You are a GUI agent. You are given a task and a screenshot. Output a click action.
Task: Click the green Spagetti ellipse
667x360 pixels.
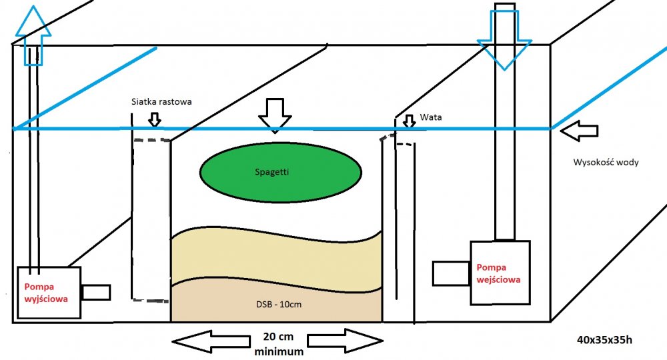tap(281, 172)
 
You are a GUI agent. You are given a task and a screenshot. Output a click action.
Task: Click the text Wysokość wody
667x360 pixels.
tap(606, 162)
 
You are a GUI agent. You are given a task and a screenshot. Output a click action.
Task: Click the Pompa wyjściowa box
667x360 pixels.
tap(47, 293)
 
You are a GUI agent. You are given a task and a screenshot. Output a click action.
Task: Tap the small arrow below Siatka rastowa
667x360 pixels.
tap(155, 119)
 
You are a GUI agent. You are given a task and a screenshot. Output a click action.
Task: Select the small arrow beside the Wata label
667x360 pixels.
tap(408, 122)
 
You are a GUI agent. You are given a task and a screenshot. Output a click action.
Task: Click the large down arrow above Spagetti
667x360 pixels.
tap(275, 115)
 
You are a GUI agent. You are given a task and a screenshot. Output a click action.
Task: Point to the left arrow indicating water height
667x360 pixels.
tap(578, 131)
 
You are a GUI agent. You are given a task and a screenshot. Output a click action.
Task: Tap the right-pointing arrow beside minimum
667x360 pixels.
tap(346, 341)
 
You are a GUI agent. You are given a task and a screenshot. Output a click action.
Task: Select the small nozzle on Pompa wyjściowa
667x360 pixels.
tap(96, 293)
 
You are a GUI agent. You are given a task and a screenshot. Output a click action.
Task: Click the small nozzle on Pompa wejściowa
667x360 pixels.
tap(451, 273)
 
